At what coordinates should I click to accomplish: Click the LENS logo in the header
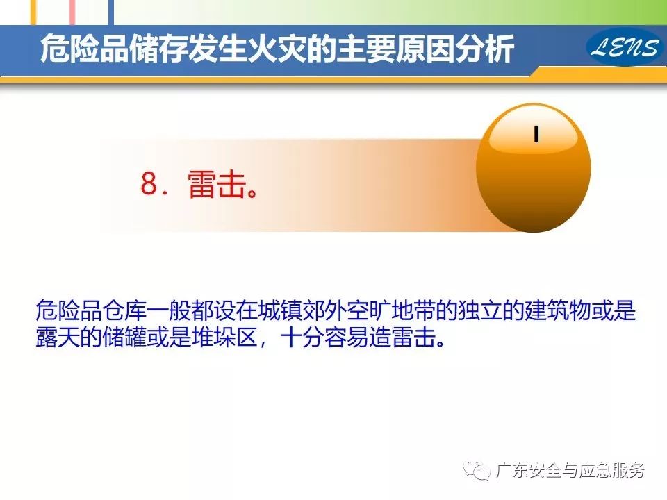pos(625,47)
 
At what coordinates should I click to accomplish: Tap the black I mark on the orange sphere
pos(536,133)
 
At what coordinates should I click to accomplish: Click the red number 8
pos(149,183)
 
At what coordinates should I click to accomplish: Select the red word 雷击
pos(217,184)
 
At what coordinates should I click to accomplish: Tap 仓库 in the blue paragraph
pos(124,310)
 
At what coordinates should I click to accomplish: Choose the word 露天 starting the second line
pos(58,337)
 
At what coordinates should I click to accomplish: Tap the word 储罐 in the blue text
pos(124,337)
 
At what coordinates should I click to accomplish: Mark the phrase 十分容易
pos(324,337)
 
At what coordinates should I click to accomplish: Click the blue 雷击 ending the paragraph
pos(413,337)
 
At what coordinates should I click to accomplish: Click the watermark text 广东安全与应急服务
pos(570,470)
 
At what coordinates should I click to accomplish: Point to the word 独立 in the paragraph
pos(480,310)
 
